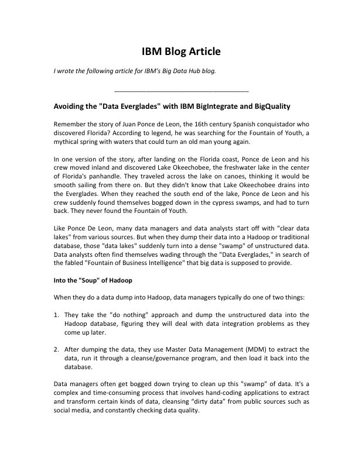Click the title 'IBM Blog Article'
pyautogui.click(x=181, y=51)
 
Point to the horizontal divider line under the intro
pyautogui.click(x=181, y=92)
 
